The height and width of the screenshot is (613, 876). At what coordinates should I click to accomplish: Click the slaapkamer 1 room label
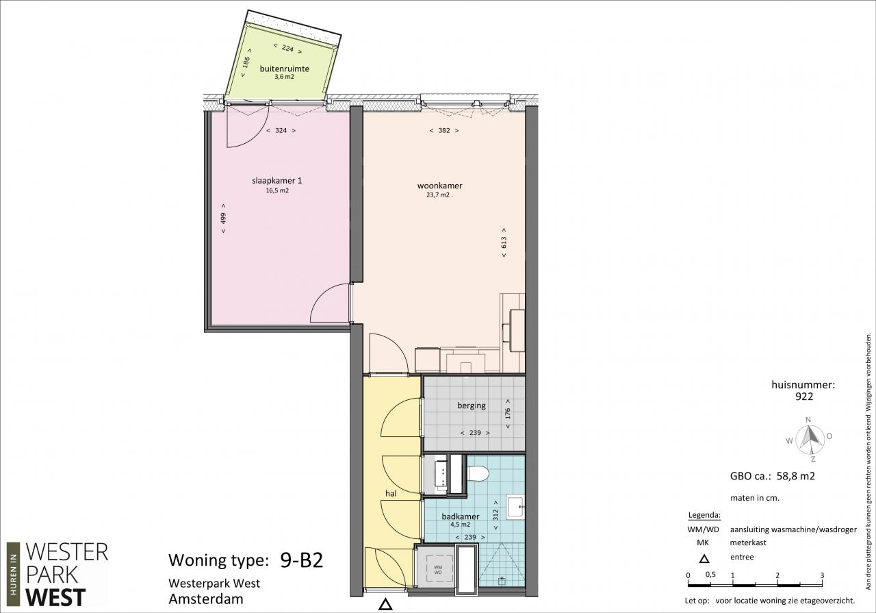(277, 181)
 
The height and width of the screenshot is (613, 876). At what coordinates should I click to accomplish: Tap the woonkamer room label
(439, 186)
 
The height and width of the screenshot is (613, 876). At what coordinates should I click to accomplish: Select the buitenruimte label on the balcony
(284, 69)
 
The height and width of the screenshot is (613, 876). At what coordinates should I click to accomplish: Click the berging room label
(472, 405)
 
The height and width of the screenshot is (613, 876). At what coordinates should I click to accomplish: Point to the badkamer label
(461, 516)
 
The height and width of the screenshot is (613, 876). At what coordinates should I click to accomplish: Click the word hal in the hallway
(391, 493)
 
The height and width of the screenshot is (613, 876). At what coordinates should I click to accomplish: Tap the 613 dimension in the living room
(504, 242)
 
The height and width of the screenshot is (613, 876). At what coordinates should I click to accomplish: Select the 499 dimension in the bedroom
(223, 218)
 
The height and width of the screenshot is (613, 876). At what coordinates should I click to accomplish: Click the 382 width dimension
(444, 130)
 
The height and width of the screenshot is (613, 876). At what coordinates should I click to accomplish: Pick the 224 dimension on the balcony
(287, 49)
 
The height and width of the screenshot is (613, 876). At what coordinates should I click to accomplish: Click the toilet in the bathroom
(478, 474)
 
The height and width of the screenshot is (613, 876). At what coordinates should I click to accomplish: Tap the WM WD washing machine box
(437, 570)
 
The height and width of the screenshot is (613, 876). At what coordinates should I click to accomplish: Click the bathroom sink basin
(515, 507)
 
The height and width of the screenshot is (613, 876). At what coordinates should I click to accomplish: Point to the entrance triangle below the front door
(385, 604)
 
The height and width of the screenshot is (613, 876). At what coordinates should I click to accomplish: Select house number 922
(804, 397)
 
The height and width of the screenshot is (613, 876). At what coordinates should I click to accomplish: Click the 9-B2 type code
(302, 560)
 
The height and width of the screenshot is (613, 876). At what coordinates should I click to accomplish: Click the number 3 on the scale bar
(822, 575)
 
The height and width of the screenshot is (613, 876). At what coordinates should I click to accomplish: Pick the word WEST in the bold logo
(55, 597)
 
